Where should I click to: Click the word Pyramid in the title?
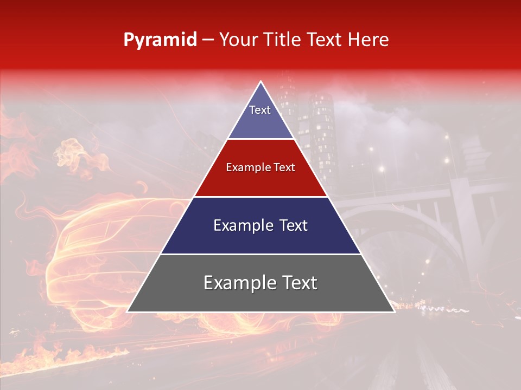pyautogui.click(x=160, y=40)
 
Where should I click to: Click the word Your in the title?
pyautogui.click(x=238, y=40)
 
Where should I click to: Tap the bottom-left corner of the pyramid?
pyautogui.click(x=129, y=311)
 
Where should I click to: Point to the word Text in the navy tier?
pyautogui.click(x=294, y=226)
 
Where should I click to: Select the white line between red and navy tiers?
pyautogui.click(x=260, y=197)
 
